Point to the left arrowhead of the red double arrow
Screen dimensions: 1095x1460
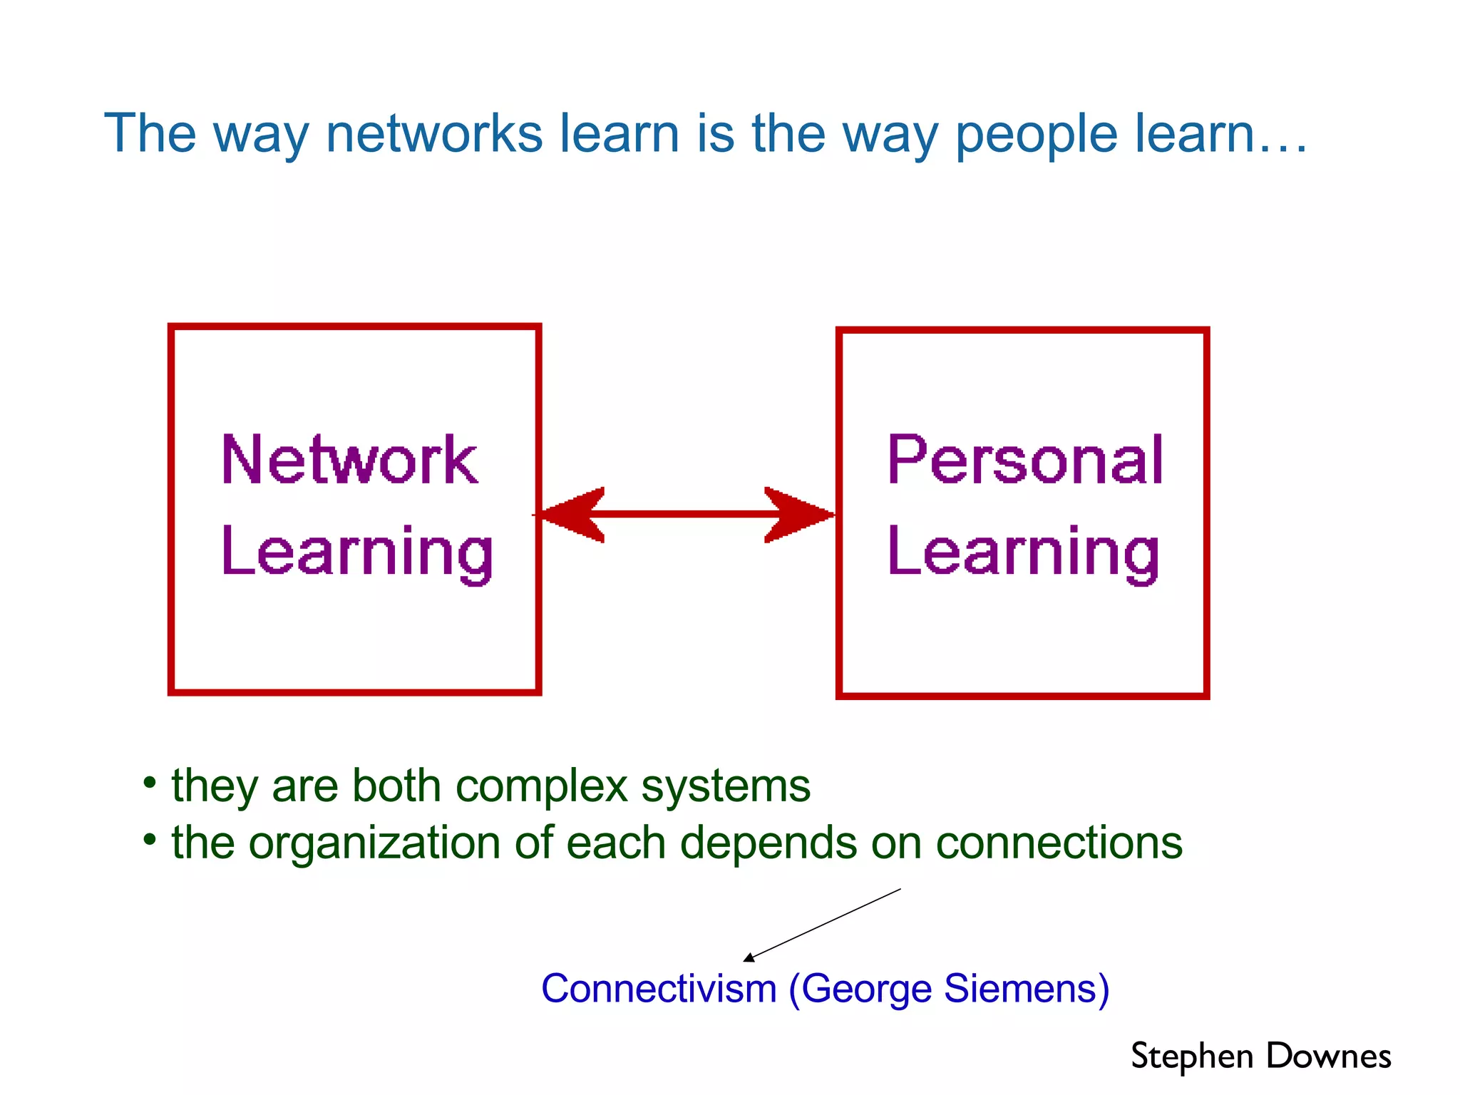click(x=570, y=514)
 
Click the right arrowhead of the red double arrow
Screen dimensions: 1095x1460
click(x=798, y=514)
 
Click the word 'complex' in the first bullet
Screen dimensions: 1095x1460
click(x=541, y=786)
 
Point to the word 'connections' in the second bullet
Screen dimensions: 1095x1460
click(x=1059, y=843)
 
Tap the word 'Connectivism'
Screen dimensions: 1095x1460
click(x=659, y=989)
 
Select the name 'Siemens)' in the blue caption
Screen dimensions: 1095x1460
click(x=1026, y=989)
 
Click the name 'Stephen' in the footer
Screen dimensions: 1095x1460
click(x=1192, y=1057)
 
